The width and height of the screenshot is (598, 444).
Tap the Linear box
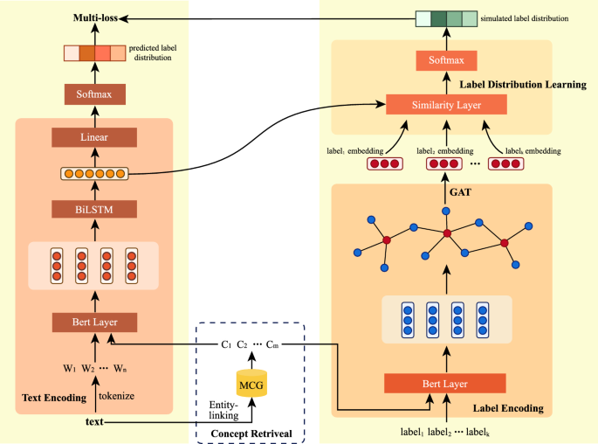pos(95,137)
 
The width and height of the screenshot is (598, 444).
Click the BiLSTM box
pos(95,208)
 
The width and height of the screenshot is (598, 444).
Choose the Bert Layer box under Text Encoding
pos(95,323)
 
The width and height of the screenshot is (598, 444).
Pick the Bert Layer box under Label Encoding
pos(445,384)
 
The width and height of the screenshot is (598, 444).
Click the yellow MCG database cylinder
pos(251,384)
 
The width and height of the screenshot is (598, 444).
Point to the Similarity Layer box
pos(446,105)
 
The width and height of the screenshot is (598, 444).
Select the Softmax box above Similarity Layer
pos(446,61)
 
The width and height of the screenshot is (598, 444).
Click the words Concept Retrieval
pos(251,434)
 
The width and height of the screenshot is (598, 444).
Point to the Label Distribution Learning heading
pos(523,85)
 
